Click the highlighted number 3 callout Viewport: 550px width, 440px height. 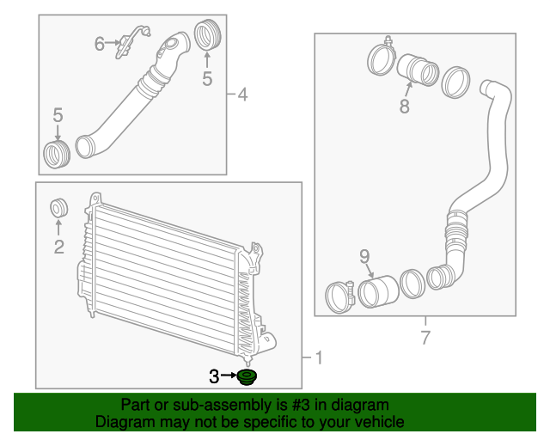tap(214, 376)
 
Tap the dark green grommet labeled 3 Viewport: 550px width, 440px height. tap(247, 377)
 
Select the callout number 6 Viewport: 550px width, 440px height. tap(100, 44)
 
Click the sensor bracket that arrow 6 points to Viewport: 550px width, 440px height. tap(132, 40)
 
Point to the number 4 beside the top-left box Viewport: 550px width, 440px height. tap(242, 95)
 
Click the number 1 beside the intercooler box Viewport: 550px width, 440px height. tap(319, 357)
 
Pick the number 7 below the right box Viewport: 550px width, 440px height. tap(425, 338)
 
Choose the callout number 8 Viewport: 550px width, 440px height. tap(405, 106)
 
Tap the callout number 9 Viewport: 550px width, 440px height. tap(364, 256)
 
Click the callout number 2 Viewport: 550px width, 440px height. tap(59, 247)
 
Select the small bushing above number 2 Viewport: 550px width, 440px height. tap(58, 208)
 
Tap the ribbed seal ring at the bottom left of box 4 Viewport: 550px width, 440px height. tap(57, 155)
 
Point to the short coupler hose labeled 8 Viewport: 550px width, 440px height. tap(418, 70)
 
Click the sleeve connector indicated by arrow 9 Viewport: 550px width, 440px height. tap(378, 292)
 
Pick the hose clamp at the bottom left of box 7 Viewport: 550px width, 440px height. tap(340, 296)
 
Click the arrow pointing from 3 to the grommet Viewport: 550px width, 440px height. tap(229, 375)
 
